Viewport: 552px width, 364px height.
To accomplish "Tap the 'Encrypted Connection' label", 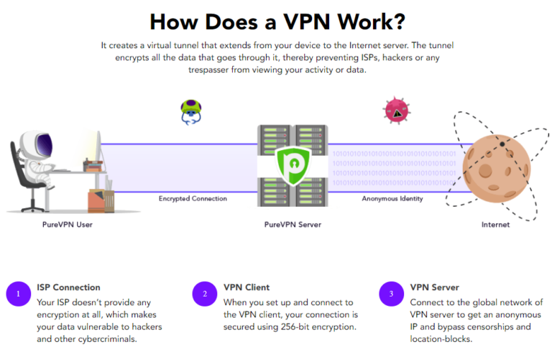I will click(193, 198).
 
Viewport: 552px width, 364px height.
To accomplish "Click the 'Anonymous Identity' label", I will click(392, 198).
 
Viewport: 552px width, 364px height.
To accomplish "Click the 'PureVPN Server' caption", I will click(292, 225).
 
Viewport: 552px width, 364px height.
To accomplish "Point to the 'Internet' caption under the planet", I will click(495, 225).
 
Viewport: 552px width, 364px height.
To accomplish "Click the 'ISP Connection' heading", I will click(68, 288).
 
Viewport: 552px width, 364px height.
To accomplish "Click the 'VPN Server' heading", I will click(434, 288).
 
